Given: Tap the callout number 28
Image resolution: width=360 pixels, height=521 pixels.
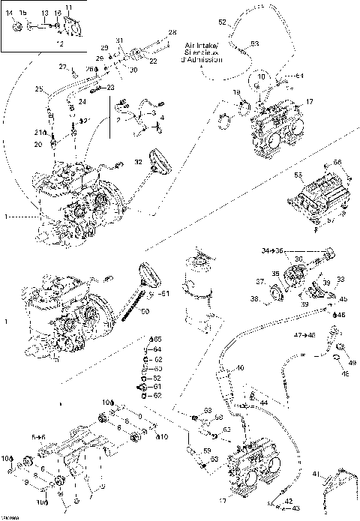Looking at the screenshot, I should click(x=172, y=32).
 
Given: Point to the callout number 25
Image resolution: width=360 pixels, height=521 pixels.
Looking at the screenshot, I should click(x=37, y=90).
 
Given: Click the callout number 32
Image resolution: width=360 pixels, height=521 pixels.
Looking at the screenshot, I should click(x=138, y=162).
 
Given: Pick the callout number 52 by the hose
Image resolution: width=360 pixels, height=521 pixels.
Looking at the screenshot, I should click(x=232, y=22).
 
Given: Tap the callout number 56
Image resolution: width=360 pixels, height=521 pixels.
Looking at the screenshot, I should click(x=337, y=163).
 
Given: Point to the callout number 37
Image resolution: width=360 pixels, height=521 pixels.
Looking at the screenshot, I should click(x=260, y=282).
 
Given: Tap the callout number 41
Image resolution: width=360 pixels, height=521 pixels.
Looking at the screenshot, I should click(x=316, y=473).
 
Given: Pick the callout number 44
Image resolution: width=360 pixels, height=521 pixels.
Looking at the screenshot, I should click(x=264, y=403).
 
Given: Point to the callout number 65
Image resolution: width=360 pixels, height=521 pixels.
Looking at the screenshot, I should click(x=157, y=340).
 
